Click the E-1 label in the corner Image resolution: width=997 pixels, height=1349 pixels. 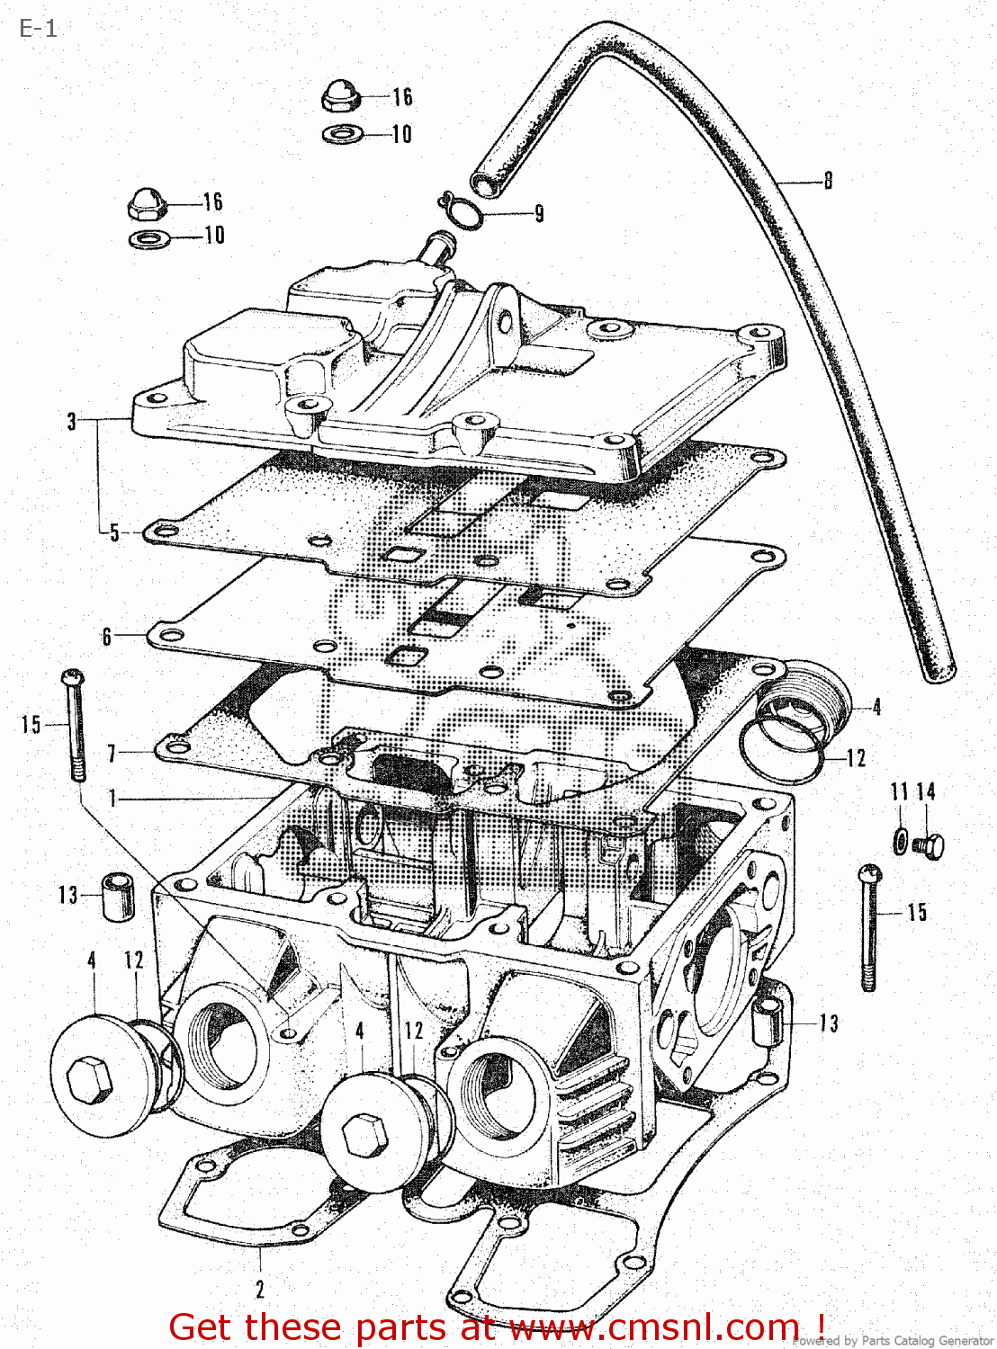click(x=38, y=29)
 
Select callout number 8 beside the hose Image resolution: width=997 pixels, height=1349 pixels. click(x=828, y=181)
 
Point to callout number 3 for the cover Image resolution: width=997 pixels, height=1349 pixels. click(x=72, y=421)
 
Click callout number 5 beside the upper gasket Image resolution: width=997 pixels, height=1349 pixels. click(x=114, y=532)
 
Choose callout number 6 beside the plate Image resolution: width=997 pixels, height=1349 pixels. click(x=107, y=637)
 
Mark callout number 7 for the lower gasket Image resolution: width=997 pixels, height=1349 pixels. click(x=112, y=753)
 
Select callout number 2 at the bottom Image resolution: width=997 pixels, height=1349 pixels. click(x=260, y=1290)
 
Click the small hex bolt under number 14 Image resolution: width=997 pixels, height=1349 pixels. click(x=930, y=846)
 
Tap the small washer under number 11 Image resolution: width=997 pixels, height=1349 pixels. click(x=901, y=841)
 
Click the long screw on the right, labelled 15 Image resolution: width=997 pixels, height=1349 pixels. click(x=869, y=926)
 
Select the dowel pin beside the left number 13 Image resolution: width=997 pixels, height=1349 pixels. click(x=116, y=896)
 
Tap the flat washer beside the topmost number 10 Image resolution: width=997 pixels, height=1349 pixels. click(x=343, y=134)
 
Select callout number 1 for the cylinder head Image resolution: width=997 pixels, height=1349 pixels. click(x=112, y=798)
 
